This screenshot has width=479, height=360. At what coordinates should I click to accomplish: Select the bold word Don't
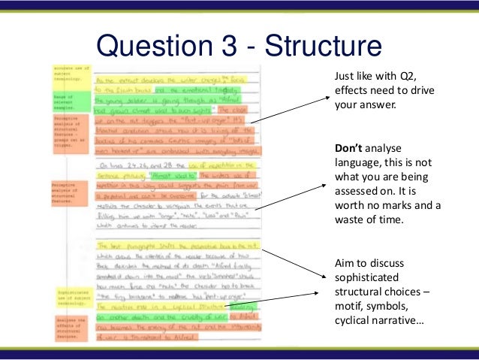click(x=349, y=148)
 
